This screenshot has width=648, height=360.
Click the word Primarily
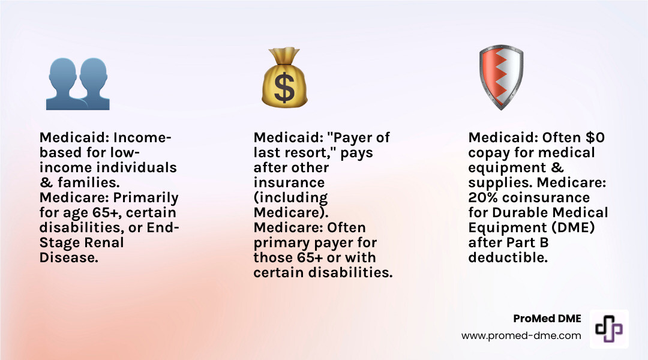(x=149, y=197)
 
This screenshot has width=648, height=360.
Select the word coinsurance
(x=547, y=197)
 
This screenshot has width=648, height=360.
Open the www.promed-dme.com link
(x=521, y=336)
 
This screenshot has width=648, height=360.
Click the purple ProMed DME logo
(x=609, y=329)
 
